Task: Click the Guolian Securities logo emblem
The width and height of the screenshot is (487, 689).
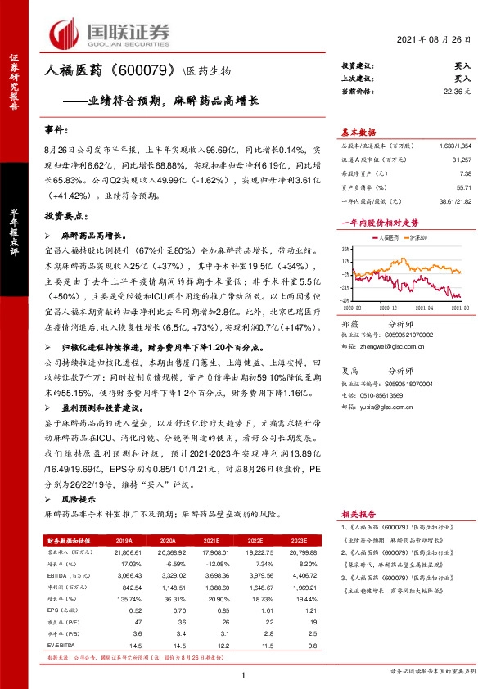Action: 67,33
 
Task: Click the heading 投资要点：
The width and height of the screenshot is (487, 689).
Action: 64,217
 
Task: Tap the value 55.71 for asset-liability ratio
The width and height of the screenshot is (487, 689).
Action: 463,187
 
